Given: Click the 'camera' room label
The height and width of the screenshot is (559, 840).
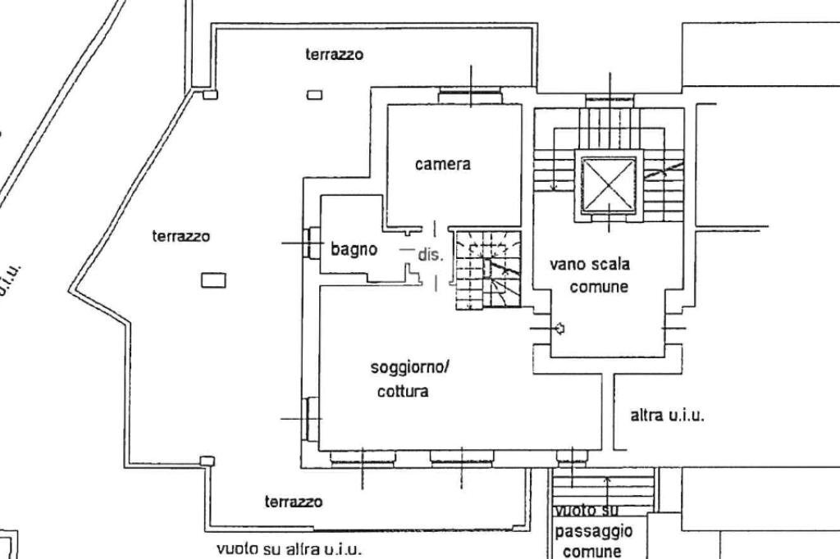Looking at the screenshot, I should pos(442,164).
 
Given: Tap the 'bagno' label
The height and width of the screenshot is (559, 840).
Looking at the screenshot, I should pos(354,248).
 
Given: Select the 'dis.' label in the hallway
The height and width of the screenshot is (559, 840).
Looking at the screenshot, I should pos(430,254).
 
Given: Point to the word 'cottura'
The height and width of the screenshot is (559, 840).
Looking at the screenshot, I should pos(402,391).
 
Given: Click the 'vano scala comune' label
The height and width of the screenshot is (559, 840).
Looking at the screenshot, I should pos(589,275).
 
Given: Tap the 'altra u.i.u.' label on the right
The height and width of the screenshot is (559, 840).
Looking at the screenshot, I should pos(667,416).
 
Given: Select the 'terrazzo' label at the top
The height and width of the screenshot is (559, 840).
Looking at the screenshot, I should pos(334,55).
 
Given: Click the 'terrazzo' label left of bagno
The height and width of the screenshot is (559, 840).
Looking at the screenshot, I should pos(180,236).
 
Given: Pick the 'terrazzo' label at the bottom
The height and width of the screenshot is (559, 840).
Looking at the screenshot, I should pos(293,501).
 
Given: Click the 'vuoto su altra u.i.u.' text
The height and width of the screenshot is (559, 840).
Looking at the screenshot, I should pos(288,548).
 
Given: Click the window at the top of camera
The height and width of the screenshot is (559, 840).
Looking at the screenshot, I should pos(469,97).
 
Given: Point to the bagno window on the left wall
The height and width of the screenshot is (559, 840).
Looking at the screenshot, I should pos(311,243).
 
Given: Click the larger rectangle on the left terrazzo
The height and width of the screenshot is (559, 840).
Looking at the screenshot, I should pos(213,280).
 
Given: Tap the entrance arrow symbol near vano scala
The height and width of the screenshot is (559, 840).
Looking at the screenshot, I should pos(559,329).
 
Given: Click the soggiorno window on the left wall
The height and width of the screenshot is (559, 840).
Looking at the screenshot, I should pos(311,418).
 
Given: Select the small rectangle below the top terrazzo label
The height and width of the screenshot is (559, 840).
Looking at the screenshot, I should pos(315,95).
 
